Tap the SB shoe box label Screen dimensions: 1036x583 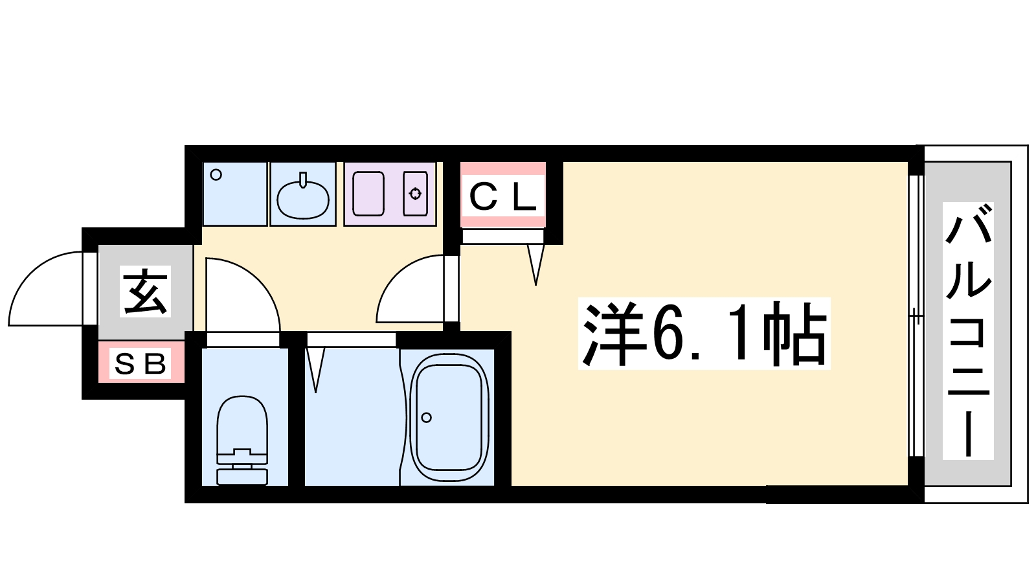coord(140,364)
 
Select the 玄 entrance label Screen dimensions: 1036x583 coord(145,292)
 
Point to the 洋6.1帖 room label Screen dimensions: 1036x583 coord(704,333)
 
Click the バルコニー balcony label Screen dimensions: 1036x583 coord(968,330)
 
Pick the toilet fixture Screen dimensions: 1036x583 coord(242,440)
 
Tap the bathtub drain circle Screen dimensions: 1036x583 coord(427,418)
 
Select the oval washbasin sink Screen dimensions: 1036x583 coord(303,199)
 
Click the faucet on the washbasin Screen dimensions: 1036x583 coord(303,180)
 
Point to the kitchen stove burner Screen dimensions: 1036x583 coord(415,194)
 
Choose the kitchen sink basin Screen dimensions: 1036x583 coord(368,194)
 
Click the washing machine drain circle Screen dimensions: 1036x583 coord(216,175)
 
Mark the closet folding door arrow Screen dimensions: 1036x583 coord(535,264)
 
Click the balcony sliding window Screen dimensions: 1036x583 coord(916,317)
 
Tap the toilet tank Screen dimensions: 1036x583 coord(242,477)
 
